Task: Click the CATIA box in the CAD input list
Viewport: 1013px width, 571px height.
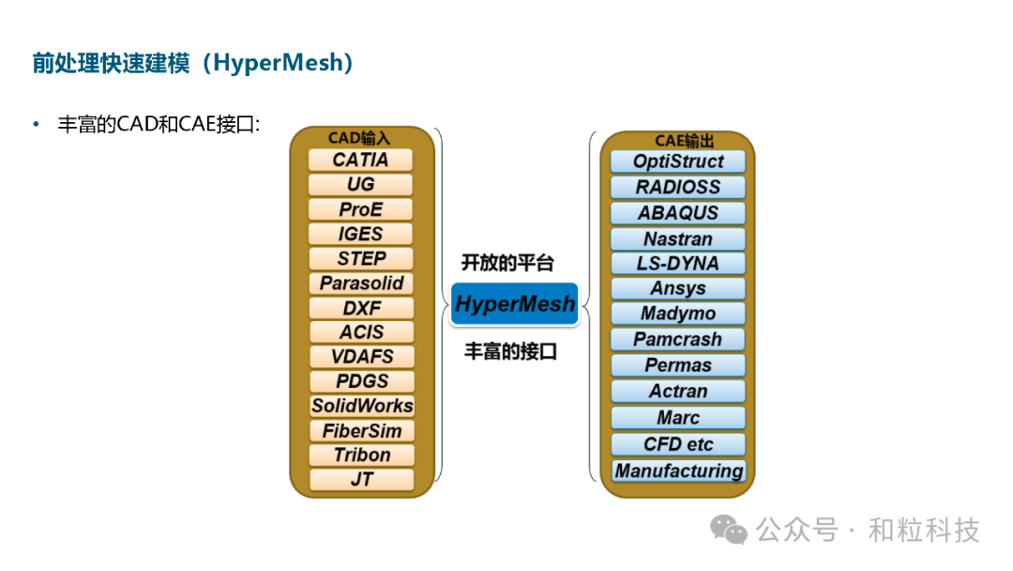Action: pos(361,160)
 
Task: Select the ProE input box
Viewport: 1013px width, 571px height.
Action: pos(361,208)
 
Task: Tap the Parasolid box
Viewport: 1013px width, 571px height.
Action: pos(361,283)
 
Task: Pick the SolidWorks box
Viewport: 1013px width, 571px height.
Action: pos(361,406)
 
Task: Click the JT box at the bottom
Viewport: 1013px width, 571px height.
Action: pos(361,479)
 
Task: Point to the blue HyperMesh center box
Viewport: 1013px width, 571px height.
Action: pos(514,304)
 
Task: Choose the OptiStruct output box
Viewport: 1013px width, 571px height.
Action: pos(677,161)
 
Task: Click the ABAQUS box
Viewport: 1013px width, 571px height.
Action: pos(677,212)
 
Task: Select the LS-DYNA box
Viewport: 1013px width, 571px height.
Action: pos(677,263)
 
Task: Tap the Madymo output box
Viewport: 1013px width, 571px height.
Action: pos(677,314)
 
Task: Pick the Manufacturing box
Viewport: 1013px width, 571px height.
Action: pos(678,471)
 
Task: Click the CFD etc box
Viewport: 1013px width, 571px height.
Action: pos(677,444)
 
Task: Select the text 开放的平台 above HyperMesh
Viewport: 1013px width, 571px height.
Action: pos(507,263)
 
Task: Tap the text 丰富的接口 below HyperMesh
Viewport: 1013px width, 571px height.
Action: pos(511,351)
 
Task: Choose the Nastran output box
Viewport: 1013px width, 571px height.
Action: pos(677,239)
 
